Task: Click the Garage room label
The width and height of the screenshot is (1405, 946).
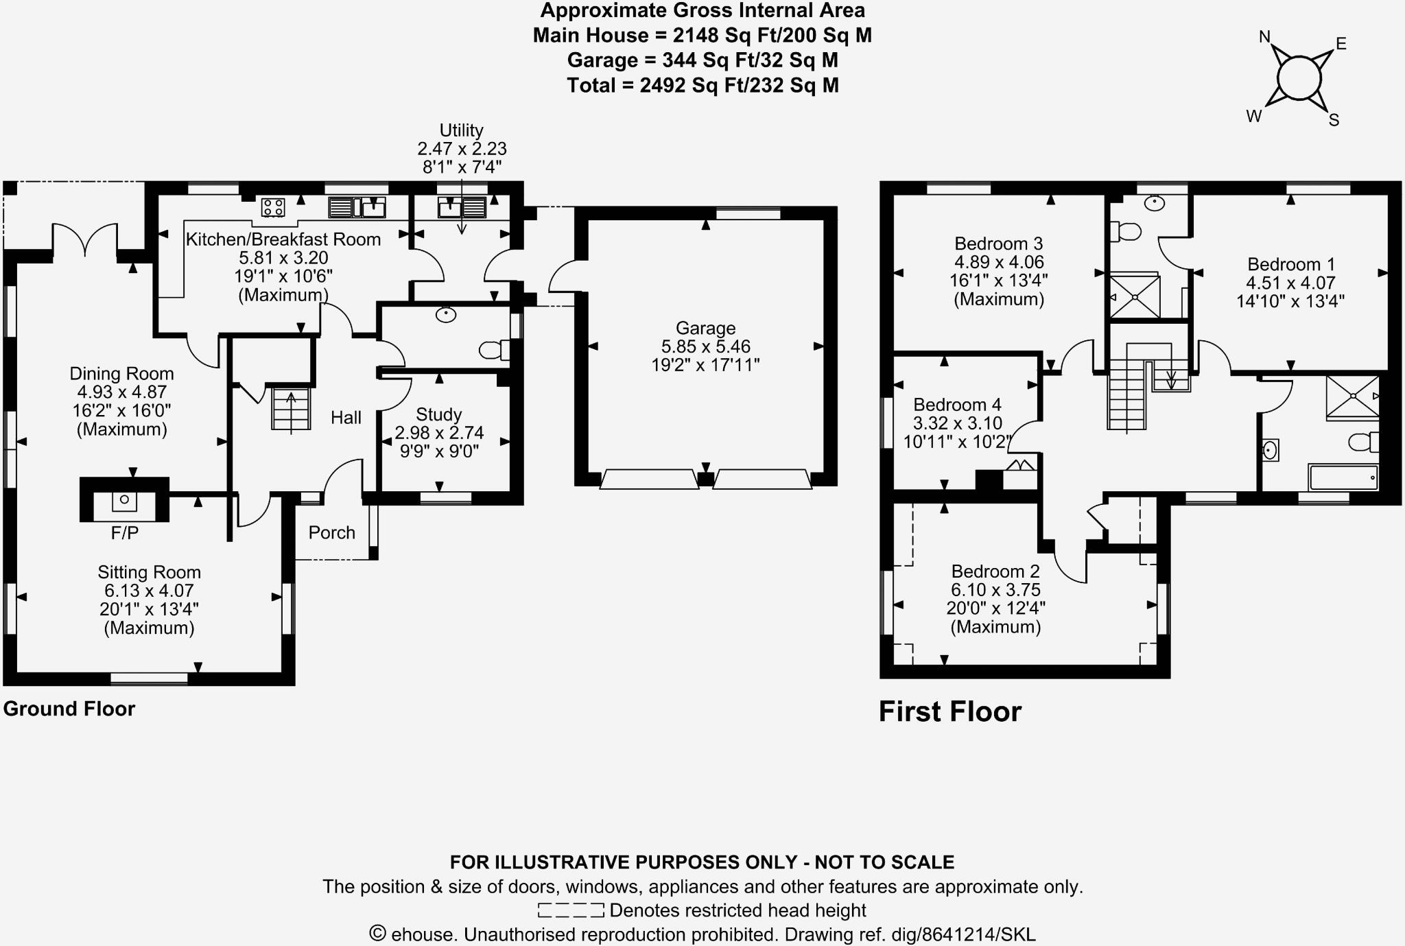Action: click(705, 328)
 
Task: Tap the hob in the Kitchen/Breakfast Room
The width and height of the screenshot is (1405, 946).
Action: click(273, 206)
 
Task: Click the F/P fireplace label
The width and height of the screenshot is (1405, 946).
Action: click(125, 533)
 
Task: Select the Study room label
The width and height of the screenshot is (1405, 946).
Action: click(439, 414)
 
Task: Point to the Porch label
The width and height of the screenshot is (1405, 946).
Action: click(331, 532)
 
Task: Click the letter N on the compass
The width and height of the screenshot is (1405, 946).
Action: click(1264, 37)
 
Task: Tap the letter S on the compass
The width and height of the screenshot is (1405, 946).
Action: click(1334, 121)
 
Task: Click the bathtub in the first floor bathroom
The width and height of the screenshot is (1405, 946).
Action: click(1343, 477)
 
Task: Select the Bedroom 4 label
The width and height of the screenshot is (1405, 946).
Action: click(957, 405)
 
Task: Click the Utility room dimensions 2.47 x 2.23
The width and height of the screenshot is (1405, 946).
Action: click(462, 149)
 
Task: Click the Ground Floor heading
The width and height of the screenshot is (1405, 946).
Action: click(69, 709)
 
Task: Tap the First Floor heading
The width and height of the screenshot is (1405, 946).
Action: click(950, 711)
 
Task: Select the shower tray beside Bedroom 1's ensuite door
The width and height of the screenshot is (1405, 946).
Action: click(1135, 297)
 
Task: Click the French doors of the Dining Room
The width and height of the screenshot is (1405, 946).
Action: click(85, 241)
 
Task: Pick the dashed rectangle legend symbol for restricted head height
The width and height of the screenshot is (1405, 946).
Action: click(571, 910)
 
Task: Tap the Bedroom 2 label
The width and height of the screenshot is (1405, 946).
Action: click(995, 571)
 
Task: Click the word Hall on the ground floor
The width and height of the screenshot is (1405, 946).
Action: click(346, 418)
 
